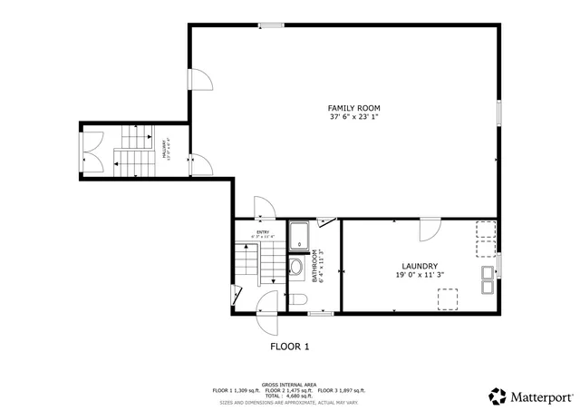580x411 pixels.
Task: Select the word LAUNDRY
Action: (x=416, y=266)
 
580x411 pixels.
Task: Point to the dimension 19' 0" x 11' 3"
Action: (x=416, y=275)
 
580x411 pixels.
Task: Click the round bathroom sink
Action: (x=296, y=267)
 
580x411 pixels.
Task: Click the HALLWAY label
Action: (x=165, y=149)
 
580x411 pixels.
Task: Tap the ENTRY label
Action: (x=262, y=233)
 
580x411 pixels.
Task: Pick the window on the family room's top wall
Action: (x=268, y=24)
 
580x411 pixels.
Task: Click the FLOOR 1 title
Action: (x=290, y=347)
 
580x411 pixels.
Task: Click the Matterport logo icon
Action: (x=498, y=396)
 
